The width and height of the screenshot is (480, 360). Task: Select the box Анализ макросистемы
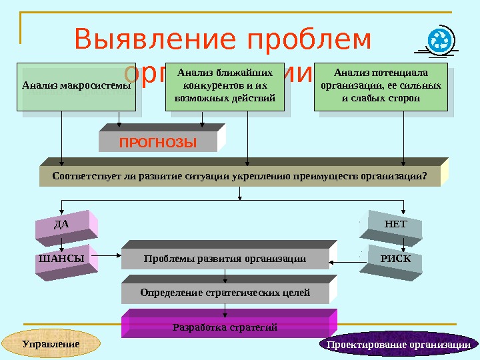[76, 86]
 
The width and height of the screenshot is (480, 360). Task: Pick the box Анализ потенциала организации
[381, 86]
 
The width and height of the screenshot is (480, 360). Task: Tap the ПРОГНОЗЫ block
[158, 142]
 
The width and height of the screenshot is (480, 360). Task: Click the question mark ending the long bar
[424, 177]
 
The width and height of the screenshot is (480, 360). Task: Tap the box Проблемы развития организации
[225, 259]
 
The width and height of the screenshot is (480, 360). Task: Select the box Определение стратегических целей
[225, 293]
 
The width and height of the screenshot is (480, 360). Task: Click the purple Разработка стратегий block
[225, 327]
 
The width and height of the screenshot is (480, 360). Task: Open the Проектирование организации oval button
[399, 344]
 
